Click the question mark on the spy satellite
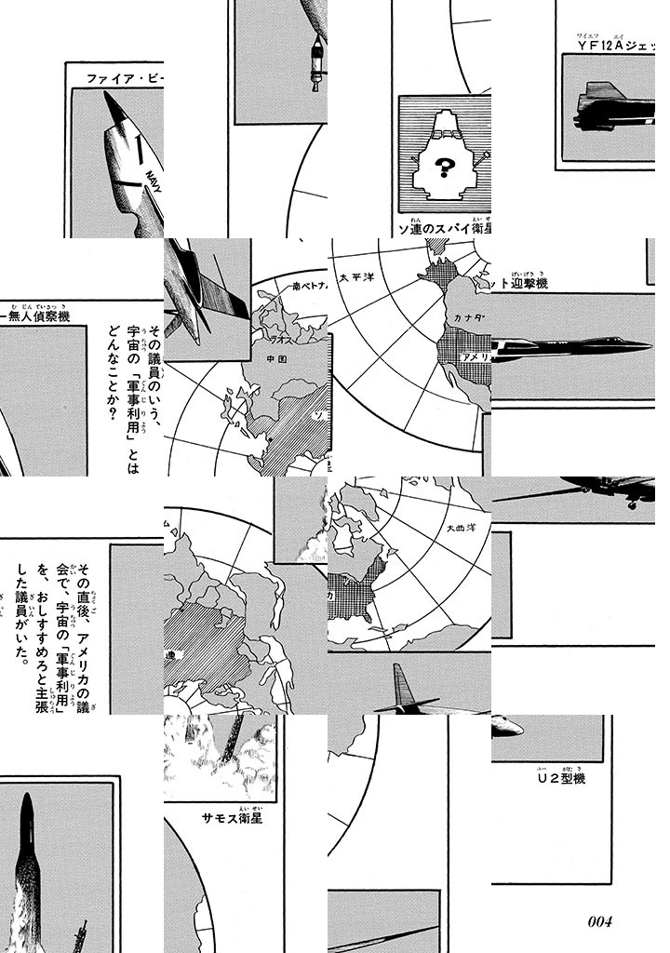pyautogui.click(x=444, y=168)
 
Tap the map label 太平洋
pyautogui.click(x=357, y=277)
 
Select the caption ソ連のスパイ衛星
pyautogui.click(x=443, y=227)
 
